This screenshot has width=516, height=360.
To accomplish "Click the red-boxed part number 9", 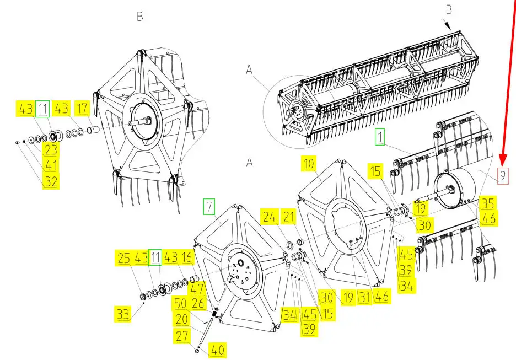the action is [503, 175].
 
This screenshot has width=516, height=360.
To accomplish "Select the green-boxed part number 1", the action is [380, 137].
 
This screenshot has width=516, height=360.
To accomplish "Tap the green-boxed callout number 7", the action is [209, 206].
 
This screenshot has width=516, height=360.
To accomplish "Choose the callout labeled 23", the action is [51, 150].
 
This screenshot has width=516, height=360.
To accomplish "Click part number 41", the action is [51, 165].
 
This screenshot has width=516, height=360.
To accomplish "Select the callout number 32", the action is [51, 181].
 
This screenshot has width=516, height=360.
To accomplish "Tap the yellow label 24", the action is [270, 217].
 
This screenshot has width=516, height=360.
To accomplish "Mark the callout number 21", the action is [289, 217].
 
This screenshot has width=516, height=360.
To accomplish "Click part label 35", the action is [488, 203].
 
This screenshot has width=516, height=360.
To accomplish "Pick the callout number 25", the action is [123, 258].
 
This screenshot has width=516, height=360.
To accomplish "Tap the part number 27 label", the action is [182, 336].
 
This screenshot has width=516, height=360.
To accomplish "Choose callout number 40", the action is [218, 350].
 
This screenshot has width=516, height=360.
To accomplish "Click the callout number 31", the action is [364, 297].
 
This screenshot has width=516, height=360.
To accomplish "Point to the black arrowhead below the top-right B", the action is [448, 25].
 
